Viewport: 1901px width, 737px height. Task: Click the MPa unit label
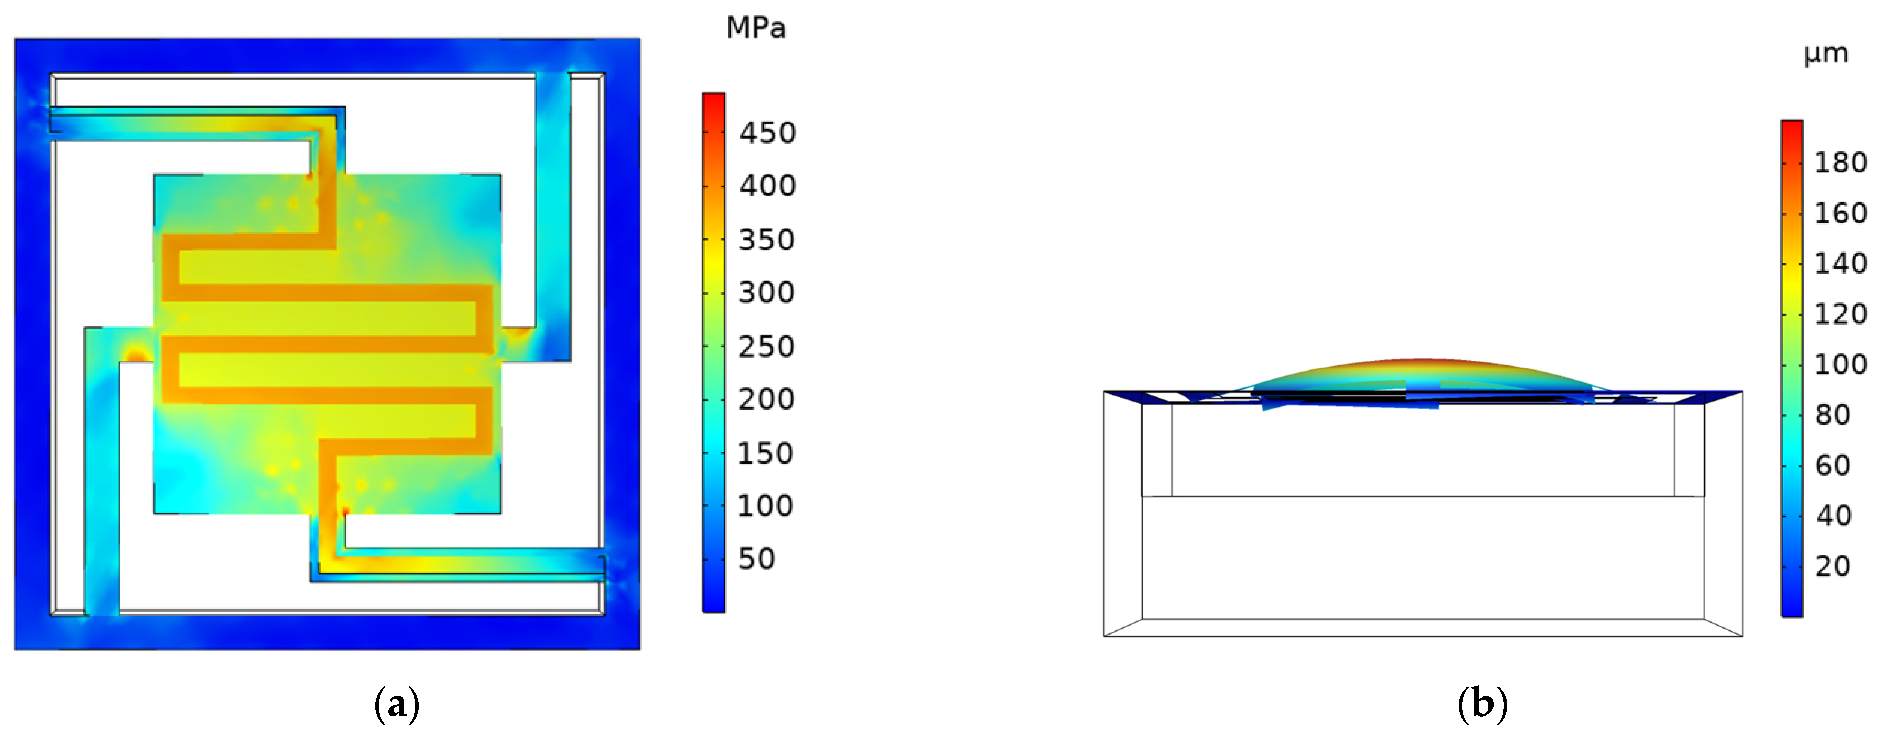[x=756, y=28]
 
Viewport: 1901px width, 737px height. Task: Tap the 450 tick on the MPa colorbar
[x=767, y=133]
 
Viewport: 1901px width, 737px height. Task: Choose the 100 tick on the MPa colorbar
[x=766, y=506]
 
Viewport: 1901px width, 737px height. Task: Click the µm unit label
[x=1826, y=54]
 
